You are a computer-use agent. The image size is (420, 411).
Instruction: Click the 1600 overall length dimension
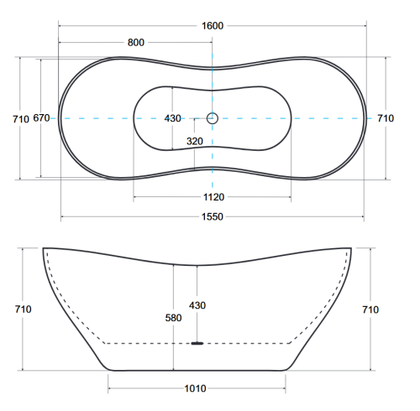pyautogui.click(x=213, y=26)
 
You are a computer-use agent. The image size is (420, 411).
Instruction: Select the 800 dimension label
pyautogui.click(x=136, y=43)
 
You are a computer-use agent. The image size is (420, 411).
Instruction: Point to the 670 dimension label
pyautogui.click(x=41, y=118)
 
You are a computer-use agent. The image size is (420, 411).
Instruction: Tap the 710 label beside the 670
pyautogui.click(x=21, y=119)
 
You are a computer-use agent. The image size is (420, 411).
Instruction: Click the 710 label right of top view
pyautogui.click(x=386, y=118)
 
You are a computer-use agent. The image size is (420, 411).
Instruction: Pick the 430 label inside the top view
pyautogui.click(x=172, y=118)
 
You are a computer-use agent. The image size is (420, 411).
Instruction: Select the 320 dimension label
pyautogui.click(x=195, y=141)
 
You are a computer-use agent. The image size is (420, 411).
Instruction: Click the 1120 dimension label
pyautogui.click(x=213, y=197)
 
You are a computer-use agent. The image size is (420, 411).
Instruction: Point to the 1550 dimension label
pyautogui.click(x=213, y=216)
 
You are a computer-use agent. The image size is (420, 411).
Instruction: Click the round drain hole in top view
pyautogui.click(x=213, y=118)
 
